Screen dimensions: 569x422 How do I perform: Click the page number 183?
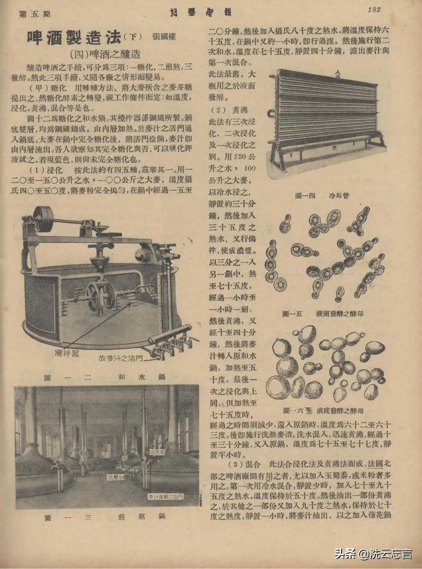[x=374, y=10]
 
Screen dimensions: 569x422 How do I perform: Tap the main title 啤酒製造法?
[x=74, y=37]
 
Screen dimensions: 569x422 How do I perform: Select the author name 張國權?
[x=164, y=37]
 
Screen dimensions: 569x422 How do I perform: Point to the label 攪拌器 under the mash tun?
[x=66, y=354]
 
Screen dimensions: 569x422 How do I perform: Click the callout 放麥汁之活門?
[x=121, y=358]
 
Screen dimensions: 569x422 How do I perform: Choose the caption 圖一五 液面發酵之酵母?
[x=323, y=314]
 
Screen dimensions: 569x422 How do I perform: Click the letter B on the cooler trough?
[x=334, y=148]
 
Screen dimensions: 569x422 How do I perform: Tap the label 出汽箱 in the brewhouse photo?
[x=157, y=452]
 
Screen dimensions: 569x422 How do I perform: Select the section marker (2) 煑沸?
[x=229, y=110]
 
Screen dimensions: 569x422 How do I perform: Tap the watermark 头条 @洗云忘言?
[x=373, y=554]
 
